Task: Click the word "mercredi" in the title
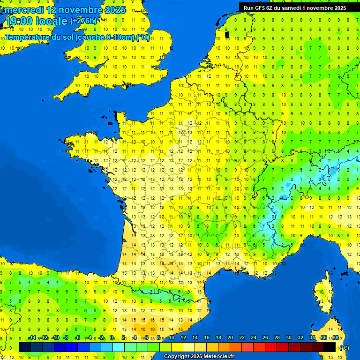(x=23, y=10)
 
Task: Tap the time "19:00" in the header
(x=19, y=21)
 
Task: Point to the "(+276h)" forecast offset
(x=83, y=21)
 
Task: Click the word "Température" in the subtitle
(x=28, y=37)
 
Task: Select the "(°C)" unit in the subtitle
(x=142, y=37)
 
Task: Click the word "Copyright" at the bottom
(x=176, y=357)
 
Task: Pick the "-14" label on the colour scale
(x=32, y=338)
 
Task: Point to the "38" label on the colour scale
(x=335, y=338)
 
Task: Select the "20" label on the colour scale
(x=230, y=338)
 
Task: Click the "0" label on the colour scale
(x=112, y=338)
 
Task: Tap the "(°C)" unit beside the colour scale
(x=345, y=347)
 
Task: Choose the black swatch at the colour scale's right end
(x=330, y=347)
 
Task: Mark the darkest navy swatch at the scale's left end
(x=25, y=347)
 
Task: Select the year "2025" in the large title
(x=112, y=10)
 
